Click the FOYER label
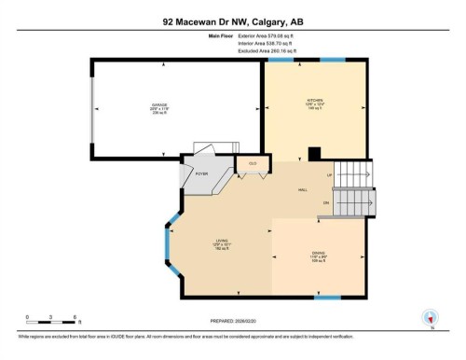coord(199,173)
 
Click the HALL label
coord(303,190)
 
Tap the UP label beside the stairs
coord(328,175)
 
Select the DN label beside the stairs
coord(326,202)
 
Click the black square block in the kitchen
coord(315,155)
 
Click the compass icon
coord(430,317)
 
